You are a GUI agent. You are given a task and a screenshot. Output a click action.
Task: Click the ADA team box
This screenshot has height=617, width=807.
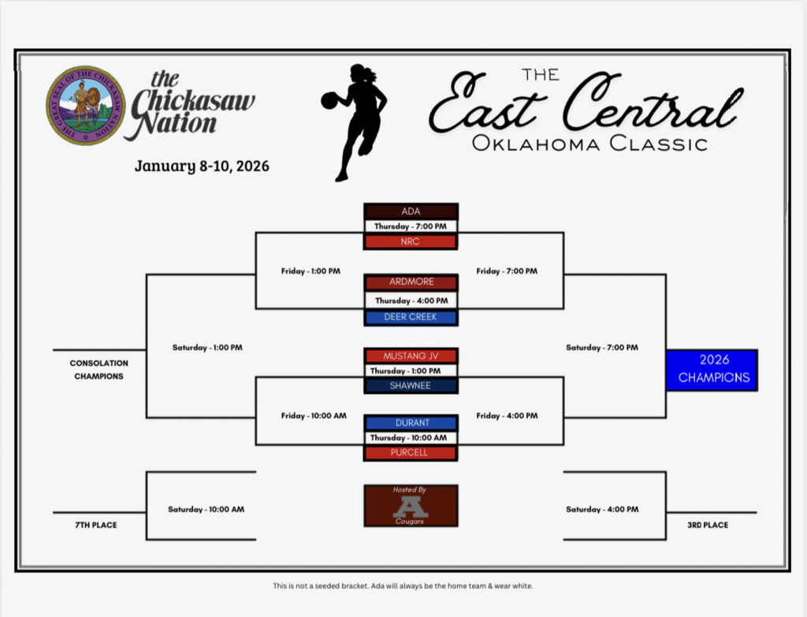(x=411, y=211)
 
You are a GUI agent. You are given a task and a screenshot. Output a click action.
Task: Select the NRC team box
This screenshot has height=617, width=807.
(x=411, y=241)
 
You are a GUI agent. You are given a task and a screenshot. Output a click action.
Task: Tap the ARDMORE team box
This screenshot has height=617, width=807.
(x=411, y=282)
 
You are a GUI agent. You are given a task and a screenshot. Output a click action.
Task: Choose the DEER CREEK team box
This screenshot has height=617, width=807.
(x=411, y=317)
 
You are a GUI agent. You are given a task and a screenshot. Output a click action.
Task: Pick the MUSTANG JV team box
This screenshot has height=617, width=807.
(x=411, y=356)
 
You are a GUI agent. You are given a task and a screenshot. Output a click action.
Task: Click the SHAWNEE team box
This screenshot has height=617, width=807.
(x=411, y=386)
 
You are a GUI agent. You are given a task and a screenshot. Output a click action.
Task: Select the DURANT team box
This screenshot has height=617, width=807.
(x=411, y=423)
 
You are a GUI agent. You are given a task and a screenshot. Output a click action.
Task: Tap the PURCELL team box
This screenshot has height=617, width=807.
(x=411, y=453)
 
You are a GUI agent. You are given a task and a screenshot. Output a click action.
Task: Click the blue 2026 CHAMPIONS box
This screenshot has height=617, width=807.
(x=712, y=369)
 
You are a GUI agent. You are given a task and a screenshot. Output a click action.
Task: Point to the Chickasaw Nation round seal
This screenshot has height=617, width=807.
(x=85, y=105)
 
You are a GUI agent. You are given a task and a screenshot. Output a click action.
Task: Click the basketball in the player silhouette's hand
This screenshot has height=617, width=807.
(x=329, y=100)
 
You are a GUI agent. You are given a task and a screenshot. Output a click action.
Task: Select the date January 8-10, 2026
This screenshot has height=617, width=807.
(x=202, y=166)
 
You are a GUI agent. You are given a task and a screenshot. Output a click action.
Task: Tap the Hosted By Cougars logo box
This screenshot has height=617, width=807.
(x=411, y=505)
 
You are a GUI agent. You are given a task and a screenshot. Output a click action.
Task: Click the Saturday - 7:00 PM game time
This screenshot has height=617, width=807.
(x=602, y=347)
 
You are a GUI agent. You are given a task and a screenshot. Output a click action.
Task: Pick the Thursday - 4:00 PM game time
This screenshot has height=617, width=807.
(x=411, y=301)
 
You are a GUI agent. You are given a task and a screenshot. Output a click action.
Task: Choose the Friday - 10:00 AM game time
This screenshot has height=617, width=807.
(x=314, y=416)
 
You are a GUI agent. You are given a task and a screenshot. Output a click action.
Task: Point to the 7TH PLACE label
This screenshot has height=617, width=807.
(x=96, y=525)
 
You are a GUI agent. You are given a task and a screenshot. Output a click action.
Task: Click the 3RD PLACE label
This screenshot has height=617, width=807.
(x=708, y=525)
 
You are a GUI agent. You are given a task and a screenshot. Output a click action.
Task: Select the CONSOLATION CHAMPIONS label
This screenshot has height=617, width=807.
(x=99, y=369)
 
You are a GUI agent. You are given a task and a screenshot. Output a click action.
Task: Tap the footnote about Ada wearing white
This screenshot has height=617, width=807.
(x=403, y=585)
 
